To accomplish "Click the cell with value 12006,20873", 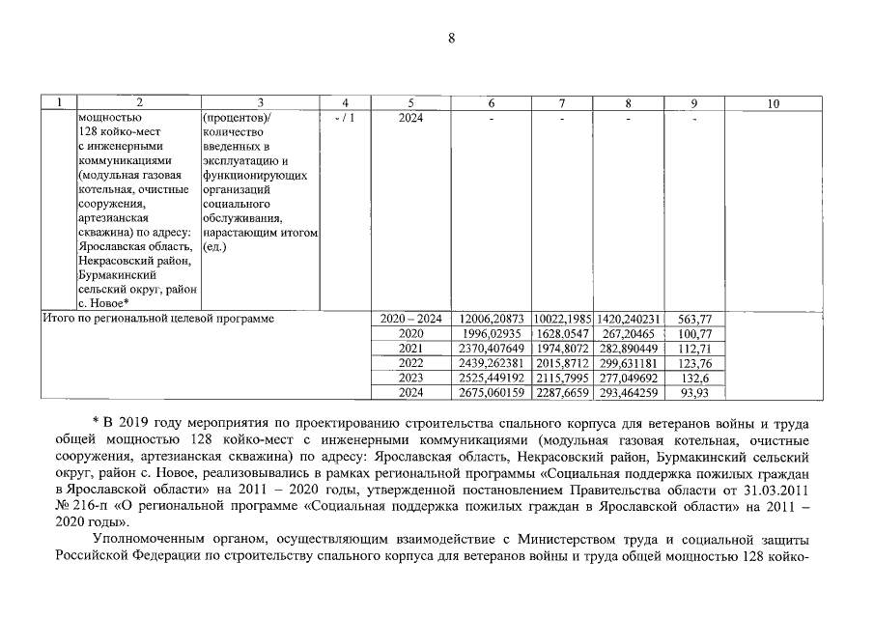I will click(492, 318).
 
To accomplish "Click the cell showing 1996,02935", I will click(492, 333).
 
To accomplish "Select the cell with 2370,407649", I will click(492, 349).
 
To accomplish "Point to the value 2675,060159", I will click(492, 393).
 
